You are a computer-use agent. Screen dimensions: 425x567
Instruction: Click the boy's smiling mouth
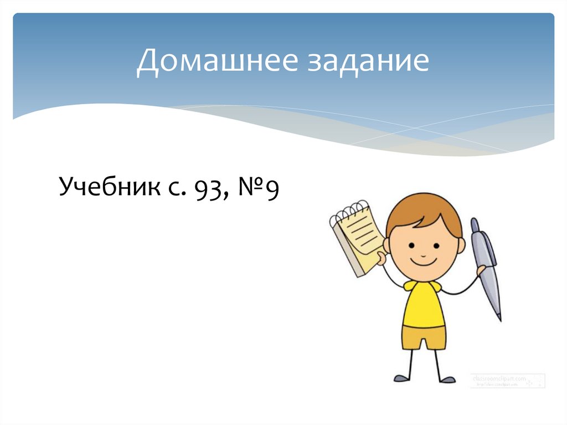coord(424,259)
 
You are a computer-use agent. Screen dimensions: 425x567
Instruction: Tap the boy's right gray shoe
coord(446,379)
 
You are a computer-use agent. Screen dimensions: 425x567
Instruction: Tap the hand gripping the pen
coord(481,270)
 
